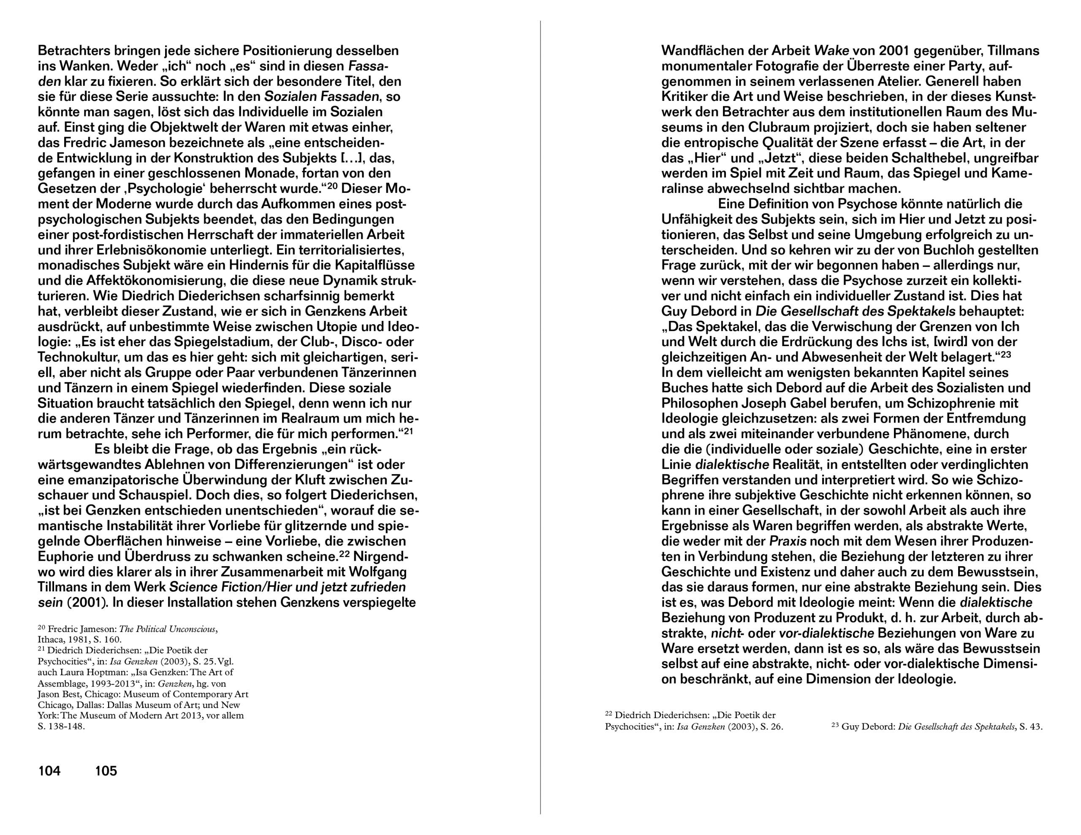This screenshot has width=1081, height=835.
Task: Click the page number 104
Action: (x=49, y=771)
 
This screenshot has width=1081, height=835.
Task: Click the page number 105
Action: (x=106, y=771)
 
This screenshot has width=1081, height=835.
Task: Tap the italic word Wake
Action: (x=831, y=51)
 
